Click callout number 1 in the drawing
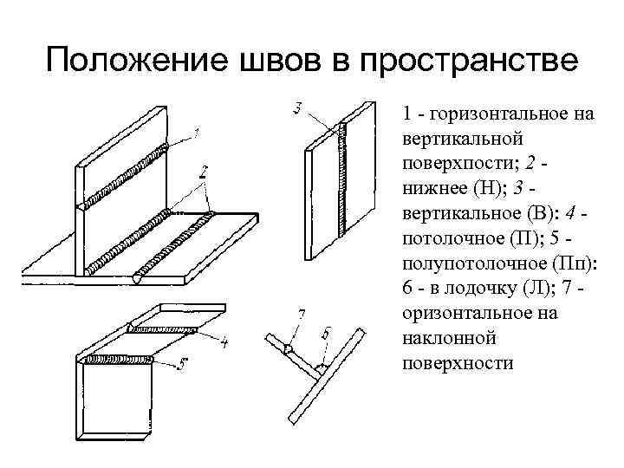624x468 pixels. [x=197, y=133]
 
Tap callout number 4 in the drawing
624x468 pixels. [x=224, y=343]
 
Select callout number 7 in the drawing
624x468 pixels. [x=301, y=313]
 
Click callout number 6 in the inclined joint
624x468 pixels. [x=325, y=333]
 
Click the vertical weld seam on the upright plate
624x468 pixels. [x=344, y=178]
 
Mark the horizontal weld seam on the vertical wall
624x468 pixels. [x=126, y=170]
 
